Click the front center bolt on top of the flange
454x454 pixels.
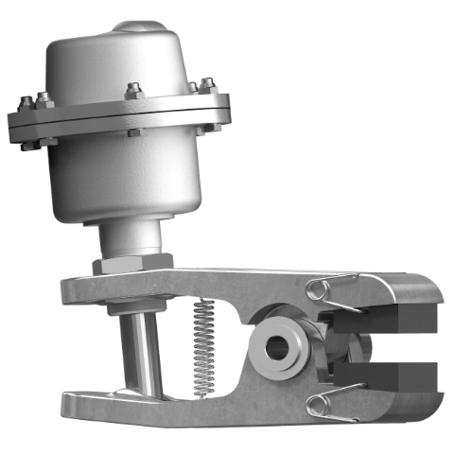tap(133, 92)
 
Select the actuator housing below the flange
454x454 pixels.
tap(123, 180)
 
